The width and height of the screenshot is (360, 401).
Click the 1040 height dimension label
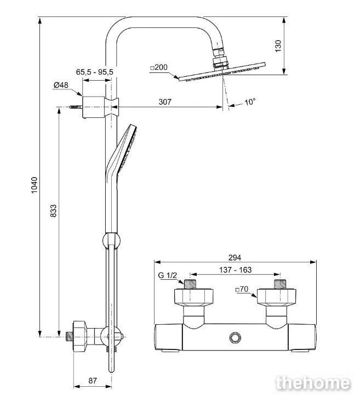click(34, 185)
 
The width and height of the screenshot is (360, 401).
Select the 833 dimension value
click(53, 211)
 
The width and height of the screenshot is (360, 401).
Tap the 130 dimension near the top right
click(278, 46)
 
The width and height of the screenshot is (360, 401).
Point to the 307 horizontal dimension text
click(165, 102)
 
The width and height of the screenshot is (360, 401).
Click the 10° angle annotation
click(250, 102)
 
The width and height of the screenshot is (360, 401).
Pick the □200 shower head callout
click(159, 67)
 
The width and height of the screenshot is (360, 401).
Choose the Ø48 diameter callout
click(61, 85)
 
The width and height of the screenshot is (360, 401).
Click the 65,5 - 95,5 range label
click(95, 72)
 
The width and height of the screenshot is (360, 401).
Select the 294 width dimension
click(235, 257)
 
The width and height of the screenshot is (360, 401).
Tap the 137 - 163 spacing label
click(235, 270)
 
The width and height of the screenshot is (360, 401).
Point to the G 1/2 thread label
click(167, 275)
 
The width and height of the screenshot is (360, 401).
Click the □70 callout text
click(242, 289)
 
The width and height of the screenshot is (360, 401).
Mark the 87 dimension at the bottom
click(93, 381)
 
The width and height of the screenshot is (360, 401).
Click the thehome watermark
click(313, 383)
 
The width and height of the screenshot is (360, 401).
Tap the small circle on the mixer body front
click(235, 337)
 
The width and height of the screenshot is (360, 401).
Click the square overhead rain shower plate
click(222, 72)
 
